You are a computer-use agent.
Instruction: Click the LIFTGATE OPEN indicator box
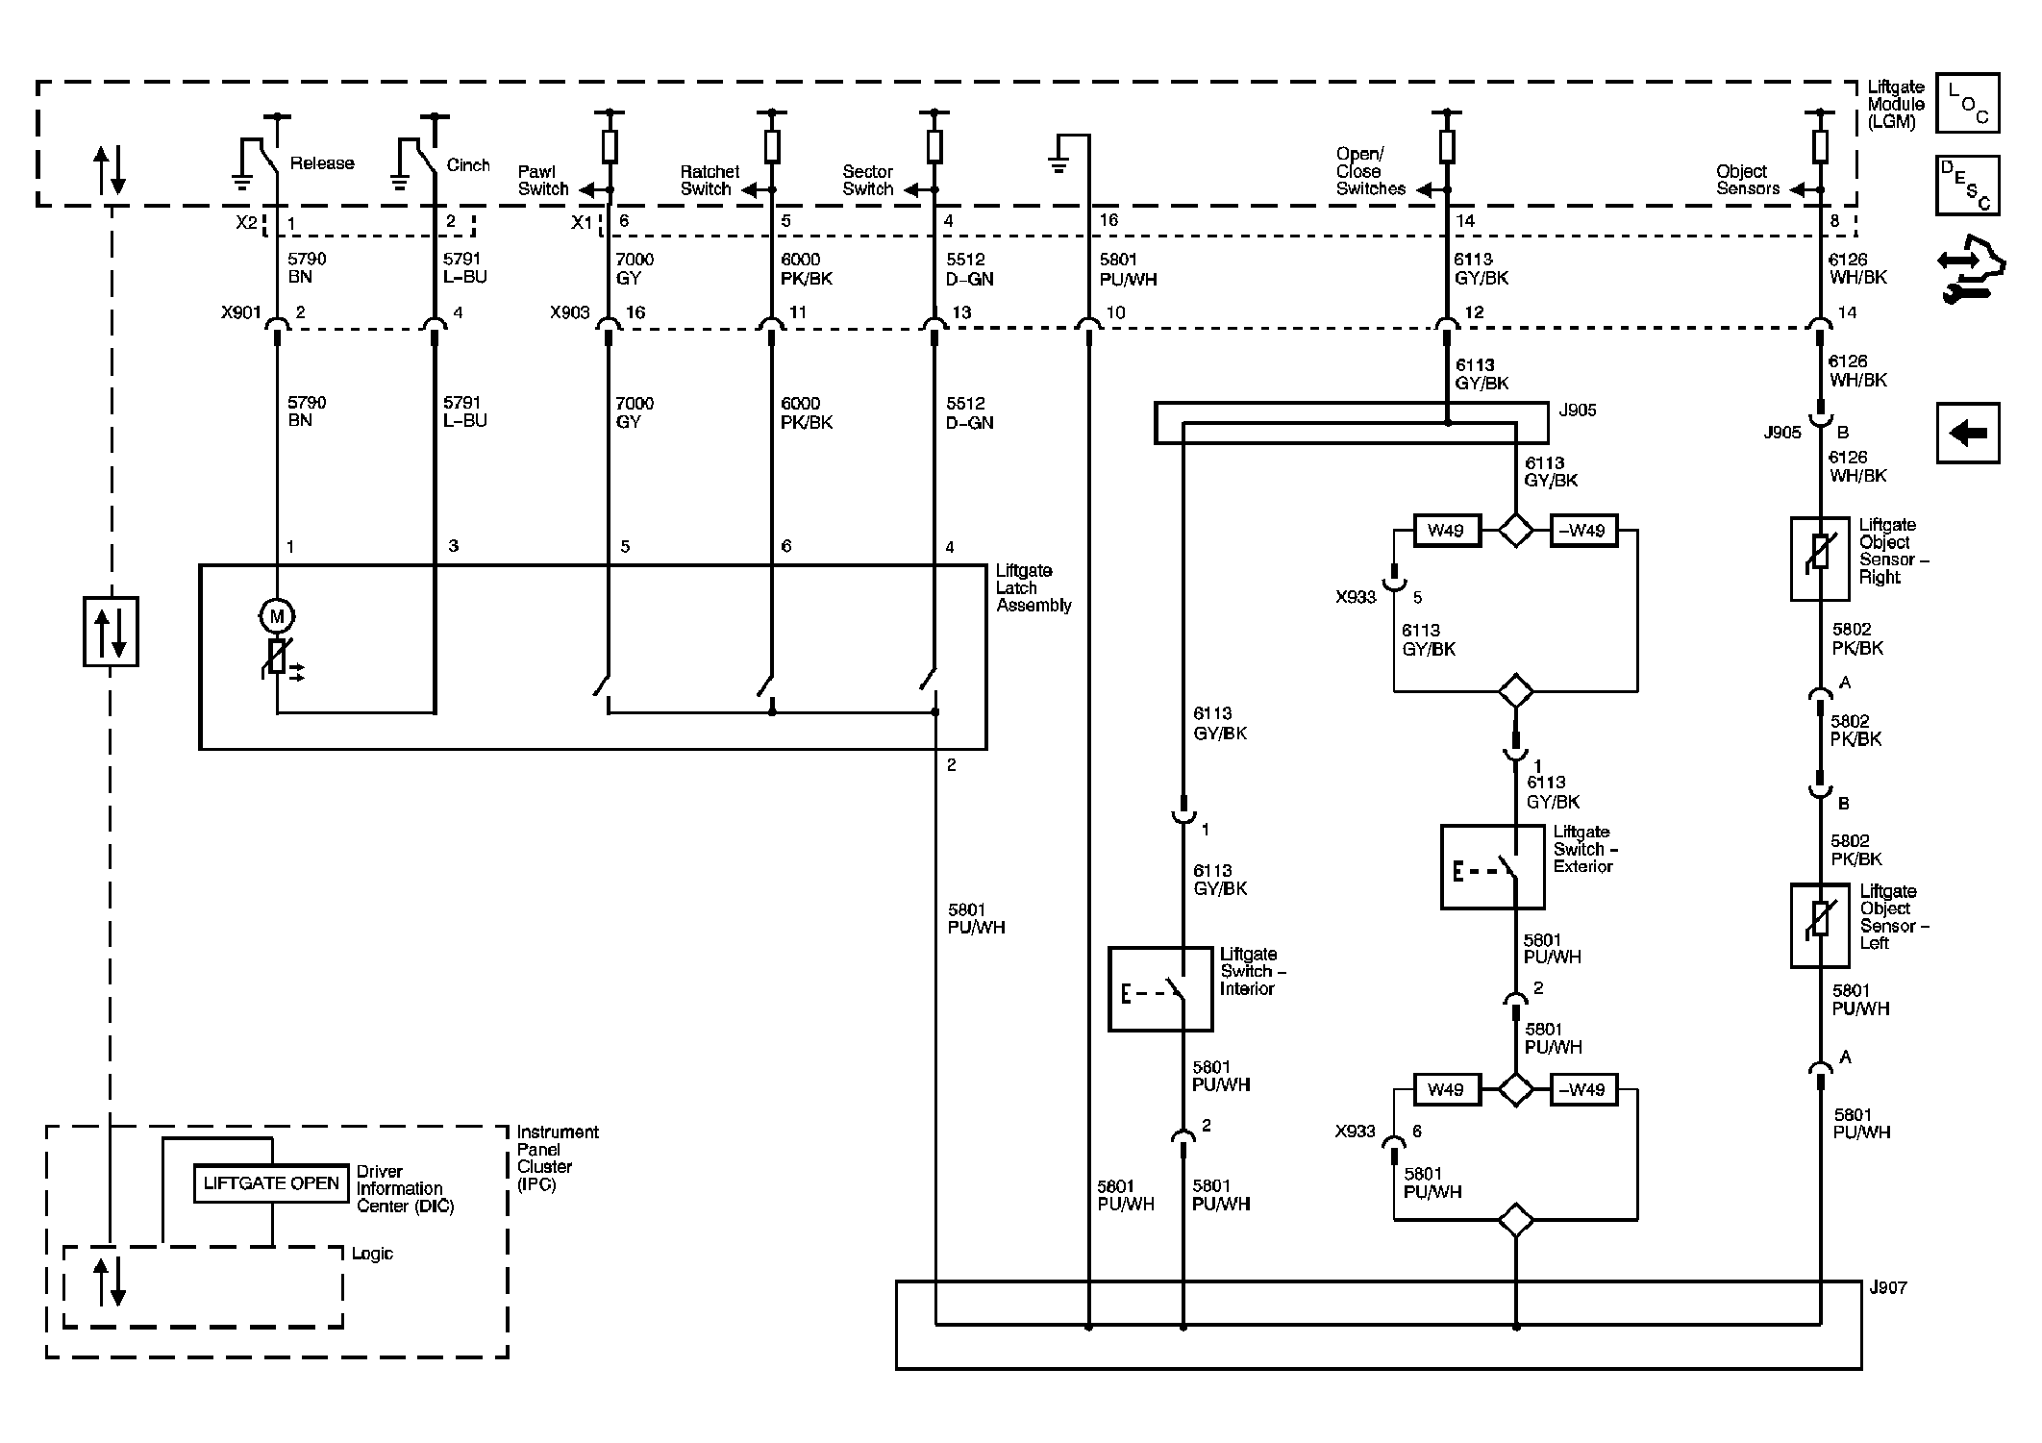coord(271,1182)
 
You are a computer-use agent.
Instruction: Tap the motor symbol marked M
coord(278,616)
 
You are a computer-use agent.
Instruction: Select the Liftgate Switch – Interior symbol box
coord(1160,989)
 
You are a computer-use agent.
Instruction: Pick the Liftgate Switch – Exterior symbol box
coord(1492,866)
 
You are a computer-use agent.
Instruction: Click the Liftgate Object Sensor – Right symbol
coord(1820,560)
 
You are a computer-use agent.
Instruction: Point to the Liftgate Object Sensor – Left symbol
coord(1820,925)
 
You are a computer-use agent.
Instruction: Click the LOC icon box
coord(1968,102)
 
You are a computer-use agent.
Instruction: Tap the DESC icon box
coord(1968,185)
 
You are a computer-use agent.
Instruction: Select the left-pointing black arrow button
coord(1968,433)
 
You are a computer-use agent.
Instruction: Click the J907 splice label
coord(1888,1287)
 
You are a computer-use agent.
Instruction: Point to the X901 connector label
coord(240,312)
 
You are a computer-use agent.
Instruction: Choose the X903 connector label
coord(569,312)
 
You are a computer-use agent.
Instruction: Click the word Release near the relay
coord(322,163)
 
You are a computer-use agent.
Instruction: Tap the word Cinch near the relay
coord(468,165)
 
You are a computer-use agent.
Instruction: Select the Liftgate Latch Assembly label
coord(1033,588)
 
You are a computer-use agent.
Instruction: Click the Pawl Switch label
coord(543,181)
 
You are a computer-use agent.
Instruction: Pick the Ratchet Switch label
coord(710,181)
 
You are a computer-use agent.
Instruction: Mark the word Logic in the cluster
coord(372,1254)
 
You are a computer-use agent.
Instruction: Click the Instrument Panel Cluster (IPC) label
coord(558,1158)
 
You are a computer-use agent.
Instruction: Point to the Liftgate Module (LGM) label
coord(1896,105)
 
